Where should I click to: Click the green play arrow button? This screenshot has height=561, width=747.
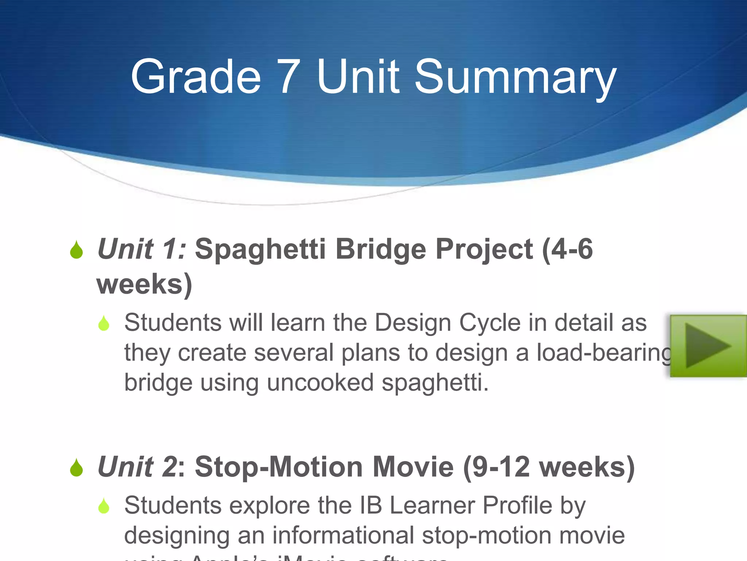[708, 346]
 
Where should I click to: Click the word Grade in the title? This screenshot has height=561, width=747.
[196, 77]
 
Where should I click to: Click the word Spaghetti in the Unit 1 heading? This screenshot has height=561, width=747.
[260, 250]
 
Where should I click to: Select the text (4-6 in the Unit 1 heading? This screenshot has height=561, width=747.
[568, 249]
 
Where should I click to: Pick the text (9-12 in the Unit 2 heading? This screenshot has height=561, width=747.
[496, 467]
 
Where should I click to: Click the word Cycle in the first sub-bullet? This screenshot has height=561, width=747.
[489, 323]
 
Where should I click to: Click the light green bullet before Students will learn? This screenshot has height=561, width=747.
[104, 323]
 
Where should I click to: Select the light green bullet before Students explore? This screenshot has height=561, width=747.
[104, 506]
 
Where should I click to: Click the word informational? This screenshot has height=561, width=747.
[343, 535]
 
